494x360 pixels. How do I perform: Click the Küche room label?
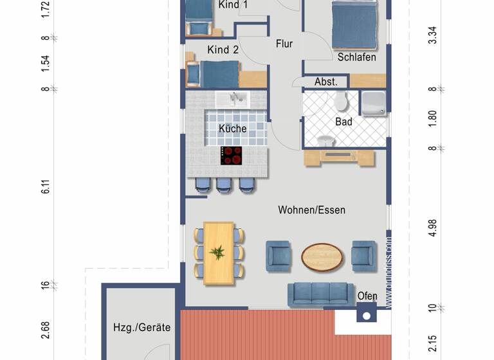pos(232,129)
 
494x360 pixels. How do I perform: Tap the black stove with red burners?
pos(232,155)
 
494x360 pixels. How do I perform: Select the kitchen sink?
pos(232,99)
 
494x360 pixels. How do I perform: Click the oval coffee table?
pos(322,256)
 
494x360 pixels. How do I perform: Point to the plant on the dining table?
pos(219,252)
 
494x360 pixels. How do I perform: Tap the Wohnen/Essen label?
pos(311,210)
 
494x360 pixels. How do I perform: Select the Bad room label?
pos(344,121)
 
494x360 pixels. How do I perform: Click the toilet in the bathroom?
pos(340,101)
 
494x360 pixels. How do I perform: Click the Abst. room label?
pos(326,82)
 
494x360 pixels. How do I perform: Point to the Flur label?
pos(284,44)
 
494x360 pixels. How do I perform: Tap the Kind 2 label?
pos(223,50)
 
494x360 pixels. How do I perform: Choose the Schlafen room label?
pos(356,57)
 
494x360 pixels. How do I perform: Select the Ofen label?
pos(367,296)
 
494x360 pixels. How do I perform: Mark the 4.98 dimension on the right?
pos(433,228)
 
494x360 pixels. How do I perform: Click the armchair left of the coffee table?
pos(279,256)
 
